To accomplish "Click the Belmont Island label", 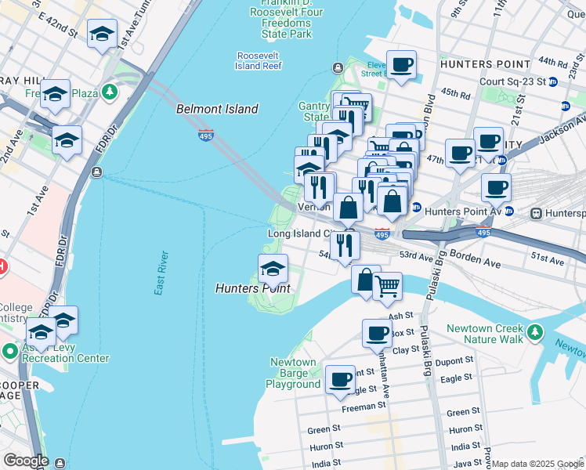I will click(218, 110).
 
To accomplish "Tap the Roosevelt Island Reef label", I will click(259, 61).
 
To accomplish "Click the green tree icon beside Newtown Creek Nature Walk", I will click(535, 333).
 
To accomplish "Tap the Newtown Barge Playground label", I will click(294, 373).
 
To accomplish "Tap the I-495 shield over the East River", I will click(206, 136).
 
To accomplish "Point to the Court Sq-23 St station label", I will click(512, 81).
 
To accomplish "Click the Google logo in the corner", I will click(25, 461).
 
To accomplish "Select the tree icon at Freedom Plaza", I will click(110, 92).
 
